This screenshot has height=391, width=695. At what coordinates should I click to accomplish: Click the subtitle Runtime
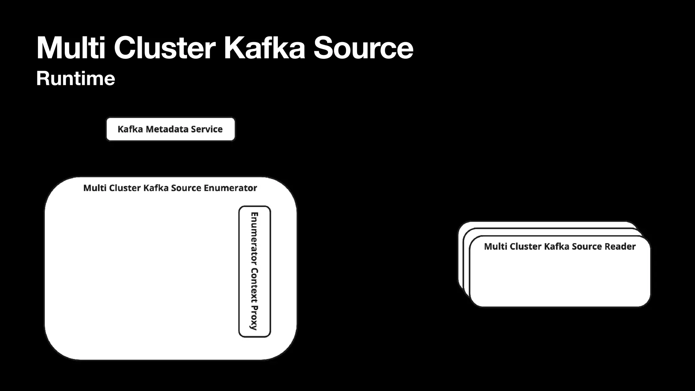pos(76,78)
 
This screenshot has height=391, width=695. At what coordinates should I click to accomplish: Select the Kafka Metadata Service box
pos(170,129)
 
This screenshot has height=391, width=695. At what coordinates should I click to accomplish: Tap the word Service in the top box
pos(207,129)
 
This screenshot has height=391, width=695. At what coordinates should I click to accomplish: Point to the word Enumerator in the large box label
pos(230,188)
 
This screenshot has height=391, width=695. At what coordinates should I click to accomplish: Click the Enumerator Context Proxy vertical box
pos(255,272)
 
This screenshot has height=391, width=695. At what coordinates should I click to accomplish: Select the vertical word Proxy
pos(254,318)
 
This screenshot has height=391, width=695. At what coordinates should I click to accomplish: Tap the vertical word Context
pos(254,285)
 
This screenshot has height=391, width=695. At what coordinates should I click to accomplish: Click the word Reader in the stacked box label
pos(621,246)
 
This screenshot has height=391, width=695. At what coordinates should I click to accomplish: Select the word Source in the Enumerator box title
pos(186,188)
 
